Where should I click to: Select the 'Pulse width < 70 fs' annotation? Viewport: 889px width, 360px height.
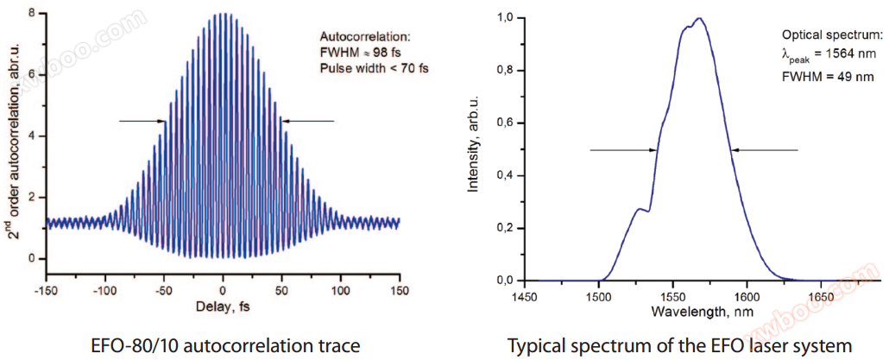pos(365,68)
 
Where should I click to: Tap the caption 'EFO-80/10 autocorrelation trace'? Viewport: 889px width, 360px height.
pos(224,346)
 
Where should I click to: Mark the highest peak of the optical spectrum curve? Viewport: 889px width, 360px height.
pos(700,18)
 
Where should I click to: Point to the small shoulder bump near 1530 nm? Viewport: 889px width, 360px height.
pos(639,208)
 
